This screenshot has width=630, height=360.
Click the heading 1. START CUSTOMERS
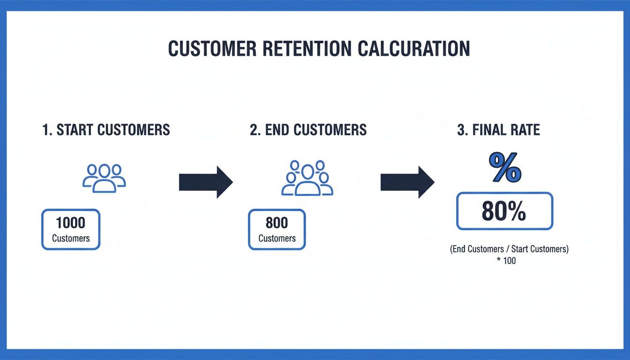pos(106,130)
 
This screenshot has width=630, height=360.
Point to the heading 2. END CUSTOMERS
pos(308,130)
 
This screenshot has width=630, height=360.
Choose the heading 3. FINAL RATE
pos(498,130)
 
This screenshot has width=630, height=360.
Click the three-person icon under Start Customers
pos(104,178)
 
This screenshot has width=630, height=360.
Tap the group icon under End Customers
pos(307,178)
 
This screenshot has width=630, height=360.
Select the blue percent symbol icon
pos(505,168)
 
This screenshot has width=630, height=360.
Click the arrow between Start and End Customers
pos(206,182)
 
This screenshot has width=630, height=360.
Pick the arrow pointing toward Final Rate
pos(407,182)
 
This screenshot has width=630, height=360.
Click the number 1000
pos(71,222)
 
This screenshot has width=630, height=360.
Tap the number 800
pos(277,222)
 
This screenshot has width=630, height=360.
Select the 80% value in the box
pos(504,212)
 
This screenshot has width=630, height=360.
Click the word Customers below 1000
pos(71,238)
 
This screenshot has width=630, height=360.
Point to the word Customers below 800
pos(277,238)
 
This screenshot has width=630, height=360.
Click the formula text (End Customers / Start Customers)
pos(509,249)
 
